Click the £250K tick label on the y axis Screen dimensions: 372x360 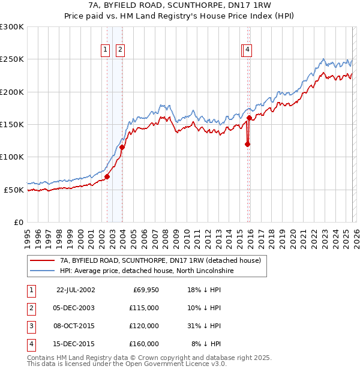coord(12,59)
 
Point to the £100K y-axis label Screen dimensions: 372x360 coord(12,157)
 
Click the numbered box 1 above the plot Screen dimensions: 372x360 coord(106,50)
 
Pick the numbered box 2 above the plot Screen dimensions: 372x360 coord(120,50)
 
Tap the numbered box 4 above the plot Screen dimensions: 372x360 coord(247,50)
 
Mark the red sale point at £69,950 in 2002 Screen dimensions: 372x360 coord(107,176)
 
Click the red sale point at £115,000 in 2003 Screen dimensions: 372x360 coord(122,147)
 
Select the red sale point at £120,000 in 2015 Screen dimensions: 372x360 coord(247,144)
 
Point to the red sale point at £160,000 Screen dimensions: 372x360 coord(249,118)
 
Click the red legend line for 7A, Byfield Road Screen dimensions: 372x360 coord(43,261)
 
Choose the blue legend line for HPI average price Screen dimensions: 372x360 coord(43,271)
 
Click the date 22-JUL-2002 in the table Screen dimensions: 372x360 coord(76,290)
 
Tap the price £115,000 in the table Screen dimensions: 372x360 coord(143,308)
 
